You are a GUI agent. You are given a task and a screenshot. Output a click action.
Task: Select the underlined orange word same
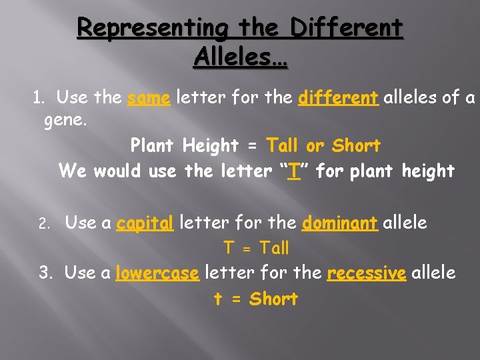pyautogui.click(x=149, y=98)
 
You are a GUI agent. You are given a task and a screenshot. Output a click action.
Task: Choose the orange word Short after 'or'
pyautogui.click(x=356, y=145)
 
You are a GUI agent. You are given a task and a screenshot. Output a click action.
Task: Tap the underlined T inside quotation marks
pyautogui.click(x=292, y=171)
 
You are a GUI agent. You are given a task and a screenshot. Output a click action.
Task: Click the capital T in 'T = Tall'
pyautogui.click(x=229, y=249)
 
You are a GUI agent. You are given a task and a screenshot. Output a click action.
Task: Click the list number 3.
pyautogui.click(x=45, y=273)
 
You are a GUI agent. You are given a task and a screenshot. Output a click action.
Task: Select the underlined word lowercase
pyautogui.click(x=157, y=273)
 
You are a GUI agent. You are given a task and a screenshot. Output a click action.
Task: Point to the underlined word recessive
pyautogui.click(x=367, y=273)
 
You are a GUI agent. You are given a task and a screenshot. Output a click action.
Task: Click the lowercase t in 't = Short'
pyautogui.click(x=218, y=299)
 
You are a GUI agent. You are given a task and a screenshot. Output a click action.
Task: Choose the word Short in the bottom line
pyautogui.click(x=273, y=299)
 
